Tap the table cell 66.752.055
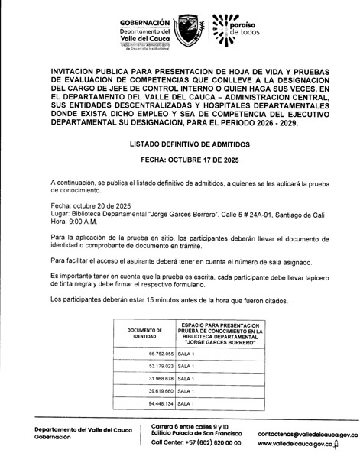point(154,355)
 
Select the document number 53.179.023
point(154,367)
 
